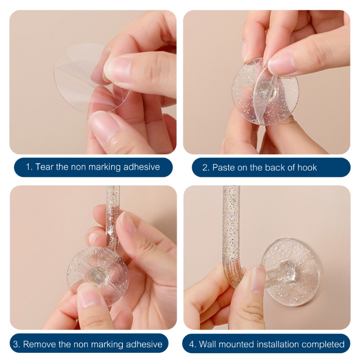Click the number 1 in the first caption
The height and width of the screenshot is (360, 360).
tap(28, 167)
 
